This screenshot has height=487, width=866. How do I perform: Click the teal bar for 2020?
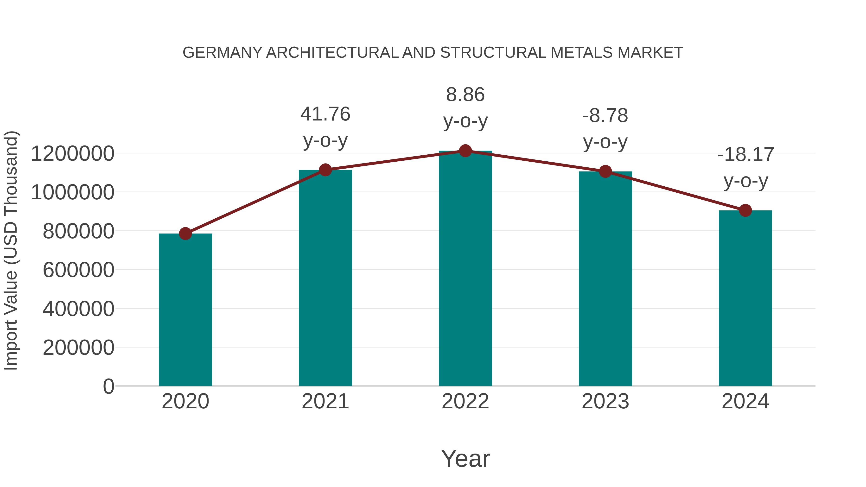(x=185, y=309)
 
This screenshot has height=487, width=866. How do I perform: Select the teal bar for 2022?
(x=465, y=269)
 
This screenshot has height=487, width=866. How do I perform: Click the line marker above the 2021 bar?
(x=325, y=170)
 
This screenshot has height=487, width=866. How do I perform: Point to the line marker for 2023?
(x=605, y=172)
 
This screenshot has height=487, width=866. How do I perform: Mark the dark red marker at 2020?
(x=185, y=233)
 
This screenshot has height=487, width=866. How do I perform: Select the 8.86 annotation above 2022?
(x=465, y=95)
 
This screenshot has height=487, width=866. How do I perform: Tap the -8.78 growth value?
(x=605, y=116)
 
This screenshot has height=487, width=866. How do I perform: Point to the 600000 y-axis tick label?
(x=78, y=270)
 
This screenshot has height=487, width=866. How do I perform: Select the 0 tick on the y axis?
(x=108, y=386)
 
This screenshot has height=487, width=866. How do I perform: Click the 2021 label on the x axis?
(x=325, y=401)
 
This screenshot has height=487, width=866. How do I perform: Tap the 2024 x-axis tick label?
(x=745, y=401)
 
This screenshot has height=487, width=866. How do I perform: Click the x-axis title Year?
(x=465, y=458)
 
